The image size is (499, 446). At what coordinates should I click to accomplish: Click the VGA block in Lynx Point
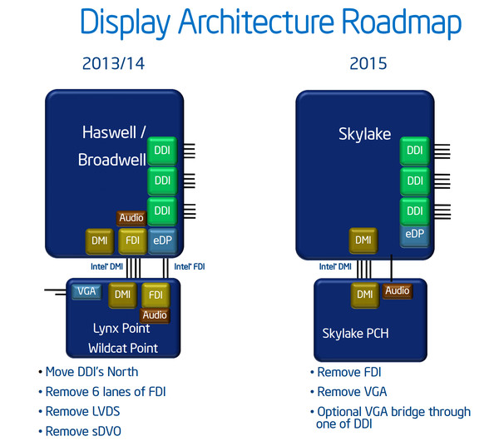point(86,291)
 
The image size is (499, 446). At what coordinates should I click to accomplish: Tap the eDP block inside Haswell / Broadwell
point(162,240)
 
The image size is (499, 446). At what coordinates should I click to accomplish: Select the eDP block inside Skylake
point(415,235)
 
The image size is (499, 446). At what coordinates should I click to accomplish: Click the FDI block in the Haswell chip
point(132,241)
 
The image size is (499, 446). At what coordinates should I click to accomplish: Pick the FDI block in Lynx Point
point(156,295)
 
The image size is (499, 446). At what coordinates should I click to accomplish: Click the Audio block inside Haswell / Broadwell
point(131,218)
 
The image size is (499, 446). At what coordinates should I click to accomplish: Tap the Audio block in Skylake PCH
point(398,290)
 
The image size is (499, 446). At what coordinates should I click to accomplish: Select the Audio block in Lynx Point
point(155,315)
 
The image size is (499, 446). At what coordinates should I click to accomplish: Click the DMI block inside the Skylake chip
point(363,240)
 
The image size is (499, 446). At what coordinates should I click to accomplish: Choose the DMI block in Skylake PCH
point(365,295)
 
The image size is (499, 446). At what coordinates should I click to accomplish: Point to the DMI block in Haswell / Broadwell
point(100,241)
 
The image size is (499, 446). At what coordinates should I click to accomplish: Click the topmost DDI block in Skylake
point(415,151)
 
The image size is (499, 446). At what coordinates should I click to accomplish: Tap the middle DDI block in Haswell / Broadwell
point(162,181)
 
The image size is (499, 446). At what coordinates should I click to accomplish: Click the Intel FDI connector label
point(190,266)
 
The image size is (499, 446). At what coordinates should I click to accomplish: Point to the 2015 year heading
point(368,63)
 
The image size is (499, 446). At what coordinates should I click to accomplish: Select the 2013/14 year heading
point(113,63)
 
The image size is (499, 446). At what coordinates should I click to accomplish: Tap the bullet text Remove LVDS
point(82,411)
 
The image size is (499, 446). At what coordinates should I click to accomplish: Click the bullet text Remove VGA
point(352,392)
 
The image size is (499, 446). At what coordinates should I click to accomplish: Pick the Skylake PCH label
point(355,334)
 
